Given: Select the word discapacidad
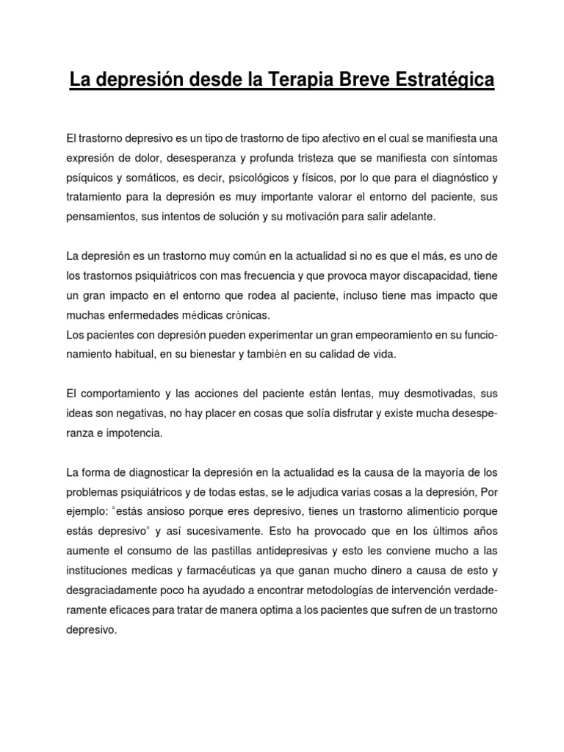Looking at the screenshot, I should pos(424,275).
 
